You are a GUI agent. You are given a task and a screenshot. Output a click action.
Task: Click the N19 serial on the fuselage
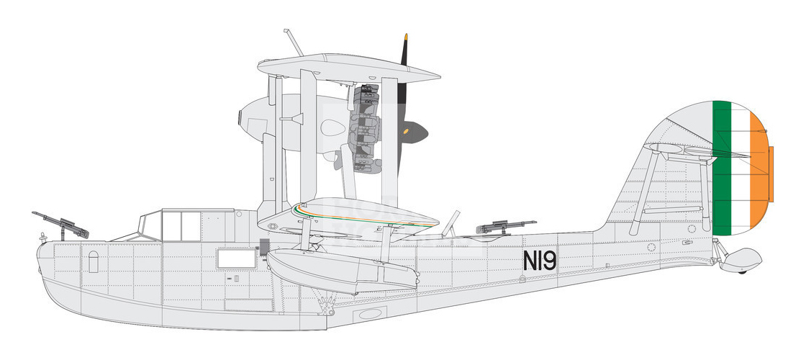click(540, 260)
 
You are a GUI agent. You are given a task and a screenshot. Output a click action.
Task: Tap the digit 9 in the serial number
click(549, 260)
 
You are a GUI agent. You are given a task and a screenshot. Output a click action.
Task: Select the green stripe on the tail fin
click(721, 169)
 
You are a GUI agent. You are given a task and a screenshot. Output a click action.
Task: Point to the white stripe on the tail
click(740, 169)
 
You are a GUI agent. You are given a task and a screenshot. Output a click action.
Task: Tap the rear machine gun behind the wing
click(504, 228)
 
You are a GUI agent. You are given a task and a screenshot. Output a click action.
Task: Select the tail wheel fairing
click(742, 257)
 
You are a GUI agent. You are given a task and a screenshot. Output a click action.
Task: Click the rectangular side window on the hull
click(236, 257)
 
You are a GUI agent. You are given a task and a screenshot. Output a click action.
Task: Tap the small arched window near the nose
click(92, 260)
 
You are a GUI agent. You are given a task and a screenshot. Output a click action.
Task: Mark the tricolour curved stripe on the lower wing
click(345, 215)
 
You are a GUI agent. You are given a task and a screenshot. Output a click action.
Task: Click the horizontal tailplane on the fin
click(680, 150)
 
